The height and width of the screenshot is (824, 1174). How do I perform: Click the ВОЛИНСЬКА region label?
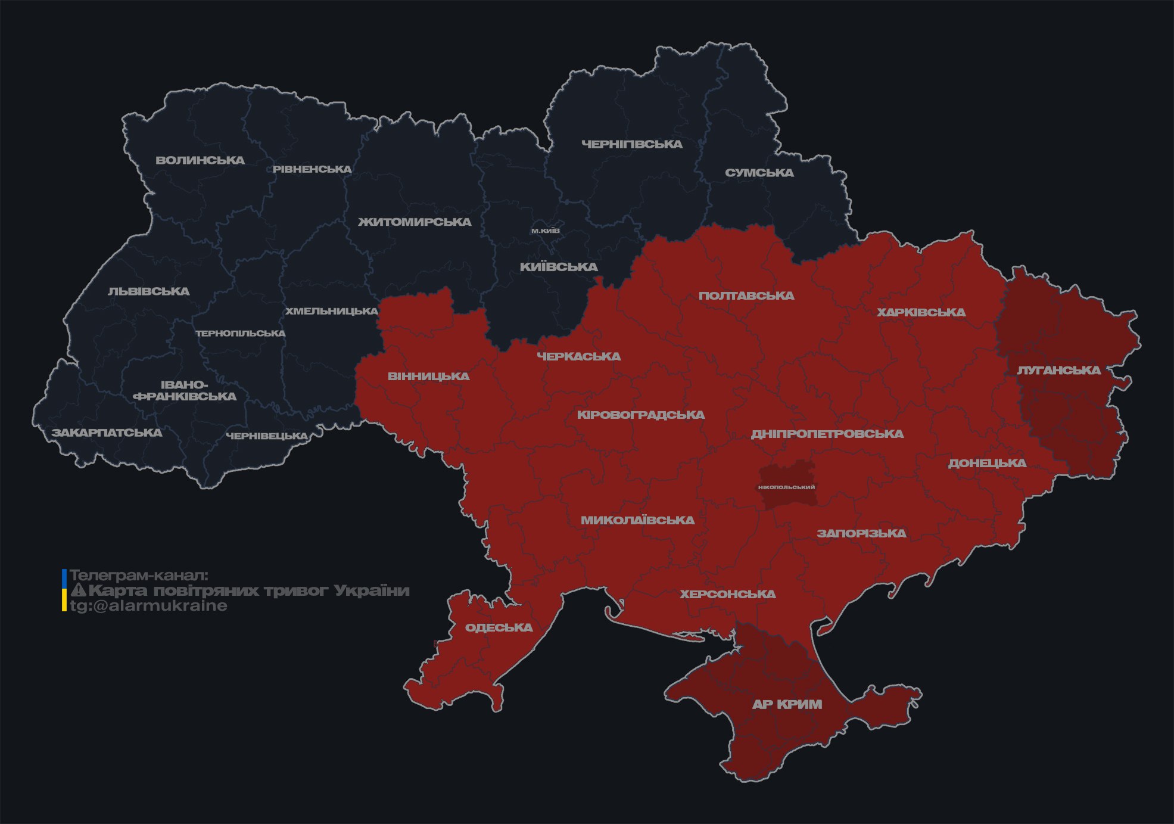tap(200, 160)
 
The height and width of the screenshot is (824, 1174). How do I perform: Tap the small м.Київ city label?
tap(545, 231)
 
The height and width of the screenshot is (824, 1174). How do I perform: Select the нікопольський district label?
tap(786, 487)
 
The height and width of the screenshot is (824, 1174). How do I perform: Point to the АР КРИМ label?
tap(787, 704)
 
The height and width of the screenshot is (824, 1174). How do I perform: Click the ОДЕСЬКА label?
tap(499, 627)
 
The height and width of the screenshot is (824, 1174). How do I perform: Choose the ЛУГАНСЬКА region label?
tap(1058, 370)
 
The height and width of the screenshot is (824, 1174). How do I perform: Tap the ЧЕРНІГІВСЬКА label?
tap(631, 144)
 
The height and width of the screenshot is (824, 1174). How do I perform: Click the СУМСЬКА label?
tap(759, 173)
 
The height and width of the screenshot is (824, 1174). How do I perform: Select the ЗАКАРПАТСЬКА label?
tap(107, 433)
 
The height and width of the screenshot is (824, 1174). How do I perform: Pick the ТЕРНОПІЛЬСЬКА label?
tap(241, 333)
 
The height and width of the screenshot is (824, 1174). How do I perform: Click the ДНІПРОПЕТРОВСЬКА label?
tap(827, 434)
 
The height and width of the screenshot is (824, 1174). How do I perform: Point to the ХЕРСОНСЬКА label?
tap(727, 594)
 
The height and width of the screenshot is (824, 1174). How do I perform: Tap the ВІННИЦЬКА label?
tap(428, 377)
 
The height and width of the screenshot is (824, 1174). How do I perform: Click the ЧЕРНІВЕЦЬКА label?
tap(267, 436)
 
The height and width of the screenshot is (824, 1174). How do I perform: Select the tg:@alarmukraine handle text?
tap(148, 606)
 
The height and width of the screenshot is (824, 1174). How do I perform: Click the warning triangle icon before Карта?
tap(79, 590)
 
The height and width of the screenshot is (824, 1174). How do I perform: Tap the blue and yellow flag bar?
tap(64, 590)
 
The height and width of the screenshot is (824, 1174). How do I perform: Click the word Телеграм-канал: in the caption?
tap(139, 576)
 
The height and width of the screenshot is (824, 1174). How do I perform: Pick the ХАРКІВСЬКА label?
tap(921, 312)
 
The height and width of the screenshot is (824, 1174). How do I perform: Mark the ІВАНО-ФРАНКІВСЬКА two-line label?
tap(185, 391)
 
